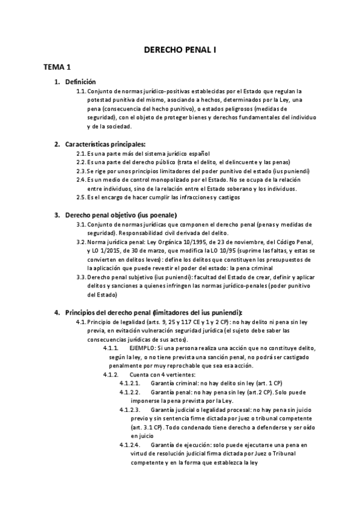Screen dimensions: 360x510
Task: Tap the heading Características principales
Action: click(105, 144)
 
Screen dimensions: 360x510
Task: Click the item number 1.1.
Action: click(81, 91)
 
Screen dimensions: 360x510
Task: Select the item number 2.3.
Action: click(81, 171)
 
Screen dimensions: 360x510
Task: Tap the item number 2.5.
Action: click(81, 197)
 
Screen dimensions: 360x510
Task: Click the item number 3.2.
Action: click(81, 242)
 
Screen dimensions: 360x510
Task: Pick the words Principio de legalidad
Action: click(115, 322)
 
